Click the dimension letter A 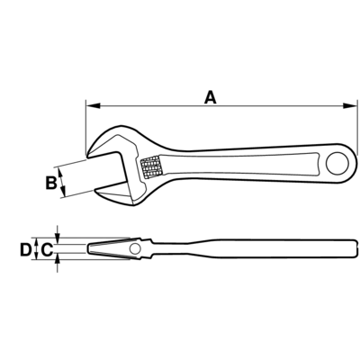point(211,98)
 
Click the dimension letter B point(51,183)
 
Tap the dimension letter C point(47,249)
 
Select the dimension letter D point(25,249)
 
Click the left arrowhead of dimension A point(93,106)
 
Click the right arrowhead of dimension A point(350,106)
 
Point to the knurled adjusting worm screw point(151,167)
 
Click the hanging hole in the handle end point(337,164)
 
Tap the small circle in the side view point(135,248)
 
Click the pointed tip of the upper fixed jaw point(87,157)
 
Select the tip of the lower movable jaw point(95,190)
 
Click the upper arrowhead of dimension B point(61,174)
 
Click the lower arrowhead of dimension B point(63,191)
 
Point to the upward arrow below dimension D point(58,265)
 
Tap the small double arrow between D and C point(36,248)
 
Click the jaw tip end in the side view point(88,248)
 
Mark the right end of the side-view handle point(356,248)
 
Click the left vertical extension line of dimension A point(86,127)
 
